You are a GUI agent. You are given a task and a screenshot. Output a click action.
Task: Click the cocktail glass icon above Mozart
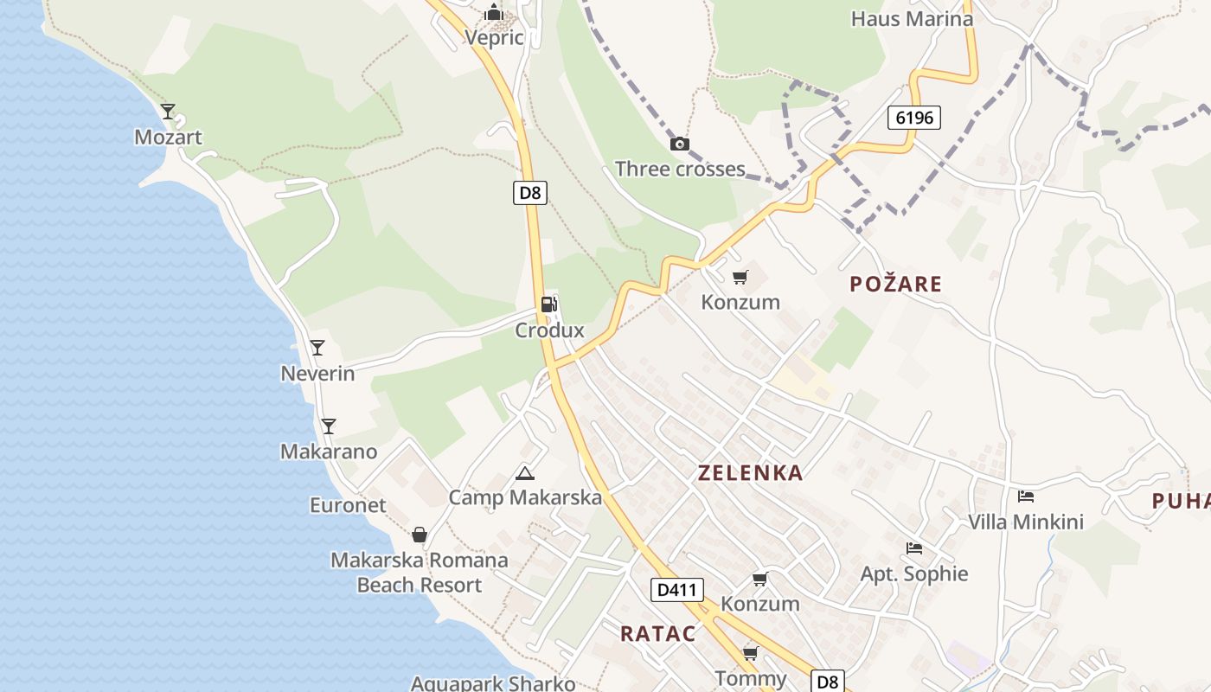coord(168,112)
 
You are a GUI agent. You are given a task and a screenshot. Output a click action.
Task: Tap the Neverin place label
coord(317,374)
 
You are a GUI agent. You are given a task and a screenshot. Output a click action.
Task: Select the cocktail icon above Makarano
coord(328,426)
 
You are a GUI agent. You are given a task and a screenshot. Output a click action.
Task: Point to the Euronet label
coord(348,505)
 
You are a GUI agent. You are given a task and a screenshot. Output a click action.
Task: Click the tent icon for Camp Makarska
coord(524,473)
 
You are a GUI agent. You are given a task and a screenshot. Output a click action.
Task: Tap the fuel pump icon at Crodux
coord(548,304)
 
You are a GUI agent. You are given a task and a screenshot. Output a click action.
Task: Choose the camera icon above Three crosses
coord(680,144)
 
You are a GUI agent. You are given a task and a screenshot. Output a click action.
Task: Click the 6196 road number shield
coord(913,118)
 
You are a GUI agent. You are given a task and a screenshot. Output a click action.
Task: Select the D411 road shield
coord(676,590)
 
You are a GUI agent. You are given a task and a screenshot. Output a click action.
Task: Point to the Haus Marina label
coord(912,19)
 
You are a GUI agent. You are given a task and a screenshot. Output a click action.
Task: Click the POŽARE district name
coord(895,284)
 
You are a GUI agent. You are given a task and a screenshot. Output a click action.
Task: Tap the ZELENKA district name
coord(750,473)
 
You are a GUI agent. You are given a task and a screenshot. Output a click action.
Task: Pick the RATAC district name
coord(657,633)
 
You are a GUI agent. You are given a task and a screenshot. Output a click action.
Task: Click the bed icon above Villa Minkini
coord(1026,497)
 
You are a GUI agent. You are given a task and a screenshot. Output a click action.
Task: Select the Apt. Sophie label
coord(913,574)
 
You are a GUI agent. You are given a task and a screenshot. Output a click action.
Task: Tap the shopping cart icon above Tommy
coord(750,653)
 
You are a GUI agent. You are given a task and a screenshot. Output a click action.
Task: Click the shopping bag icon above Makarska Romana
coord(420,535)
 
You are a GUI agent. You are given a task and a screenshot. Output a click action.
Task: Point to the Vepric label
coord(494,37)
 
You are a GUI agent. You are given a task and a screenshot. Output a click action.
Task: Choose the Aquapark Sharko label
coord(493,683)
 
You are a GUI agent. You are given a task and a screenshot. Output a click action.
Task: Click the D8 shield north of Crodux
coord(530,192)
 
